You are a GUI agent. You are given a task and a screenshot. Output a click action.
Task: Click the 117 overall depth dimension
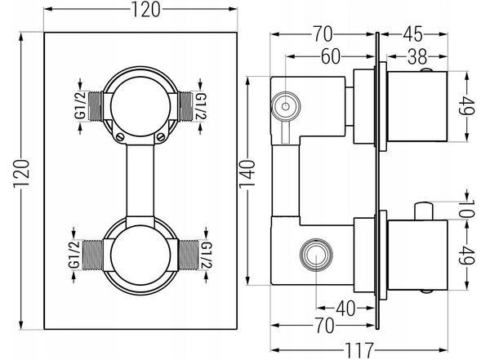point(359,350)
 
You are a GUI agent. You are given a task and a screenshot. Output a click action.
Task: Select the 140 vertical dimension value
point(247,175)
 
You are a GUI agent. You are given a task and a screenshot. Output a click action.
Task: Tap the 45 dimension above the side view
point(412,34)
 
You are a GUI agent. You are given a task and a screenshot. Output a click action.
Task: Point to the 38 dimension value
point(417,57)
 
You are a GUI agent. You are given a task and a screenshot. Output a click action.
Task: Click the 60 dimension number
point(331,56)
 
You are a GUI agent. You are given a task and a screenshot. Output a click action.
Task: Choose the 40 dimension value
point(345,309)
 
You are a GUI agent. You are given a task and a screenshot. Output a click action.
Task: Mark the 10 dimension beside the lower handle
point(467,209)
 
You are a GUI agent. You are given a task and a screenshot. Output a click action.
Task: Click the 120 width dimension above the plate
point(145,9)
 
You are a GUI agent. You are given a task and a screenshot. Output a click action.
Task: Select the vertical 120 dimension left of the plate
point(21,173)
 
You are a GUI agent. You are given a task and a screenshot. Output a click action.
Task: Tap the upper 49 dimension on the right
point(467,106)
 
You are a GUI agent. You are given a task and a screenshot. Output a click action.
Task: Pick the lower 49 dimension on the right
point(467,255)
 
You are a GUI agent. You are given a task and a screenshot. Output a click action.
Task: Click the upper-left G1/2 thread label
point(80,105)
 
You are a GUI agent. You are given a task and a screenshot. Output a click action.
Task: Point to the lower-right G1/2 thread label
point(207,255)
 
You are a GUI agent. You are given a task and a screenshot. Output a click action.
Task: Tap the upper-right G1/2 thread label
point(200,106)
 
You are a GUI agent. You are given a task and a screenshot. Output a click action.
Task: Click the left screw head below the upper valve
point(119,136)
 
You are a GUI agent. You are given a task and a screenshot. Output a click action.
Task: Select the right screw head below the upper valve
point(160,136)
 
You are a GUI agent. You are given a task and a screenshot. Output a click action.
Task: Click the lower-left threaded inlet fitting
point(93,255)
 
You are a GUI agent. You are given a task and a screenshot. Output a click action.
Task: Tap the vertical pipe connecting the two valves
point(140,180)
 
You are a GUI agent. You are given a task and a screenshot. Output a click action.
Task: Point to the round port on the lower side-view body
point(316,255)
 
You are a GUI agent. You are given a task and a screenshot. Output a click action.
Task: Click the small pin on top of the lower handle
point(423,211)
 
